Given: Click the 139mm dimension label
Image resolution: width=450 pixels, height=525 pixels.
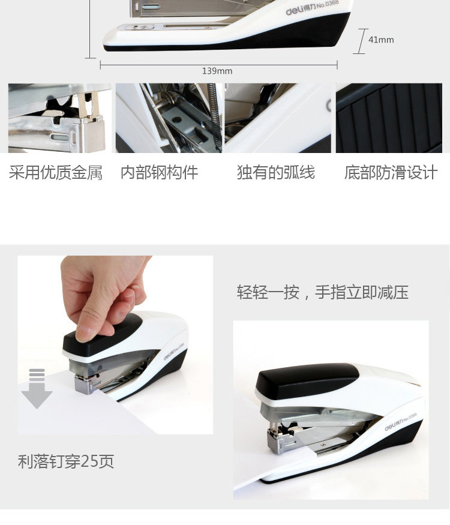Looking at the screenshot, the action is pos(217,71).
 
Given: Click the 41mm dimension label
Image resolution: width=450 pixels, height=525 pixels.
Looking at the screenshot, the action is pos(381,40).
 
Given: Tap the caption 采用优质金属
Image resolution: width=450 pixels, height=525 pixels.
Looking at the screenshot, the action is pos(56,172).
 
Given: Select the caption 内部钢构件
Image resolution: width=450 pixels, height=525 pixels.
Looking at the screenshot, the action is pos(160,172).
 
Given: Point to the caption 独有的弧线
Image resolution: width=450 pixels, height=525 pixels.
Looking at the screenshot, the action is pos(276,172).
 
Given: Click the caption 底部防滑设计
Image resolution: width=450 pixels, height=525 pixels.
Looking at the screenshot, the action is pos(391,172).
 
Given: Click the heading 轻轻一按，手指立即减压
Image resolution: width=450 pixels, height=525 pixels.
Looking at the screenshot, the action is pos(323,292).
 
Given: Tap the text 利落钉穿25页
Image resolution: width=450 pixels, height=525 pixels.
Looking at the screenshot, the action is pos(66,461).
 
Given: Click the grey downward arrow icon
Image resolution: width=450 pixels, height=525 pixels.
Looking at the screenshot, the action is pos(37,388).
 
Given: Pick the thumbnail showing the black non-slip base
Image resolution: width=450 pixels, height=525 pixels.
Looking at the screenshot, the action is pos(389,118).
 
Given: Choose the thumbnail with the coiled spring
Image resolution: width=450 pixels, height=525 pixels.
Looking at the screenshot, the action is pos(169,118).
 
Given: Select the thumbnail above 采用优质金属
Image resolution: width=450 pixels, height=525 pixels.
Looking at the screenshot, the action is pos(60,118).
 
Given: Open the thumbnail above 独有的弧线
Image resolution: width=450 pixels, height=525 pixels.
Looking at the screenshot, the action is pos(278,118).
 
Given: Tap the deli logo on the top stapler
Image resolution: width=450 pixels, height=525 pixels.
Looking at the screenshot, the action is pos(294,11).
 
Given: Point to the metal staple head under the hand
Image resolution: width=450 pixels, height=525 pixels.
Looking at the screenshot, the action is pos(87,383).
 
